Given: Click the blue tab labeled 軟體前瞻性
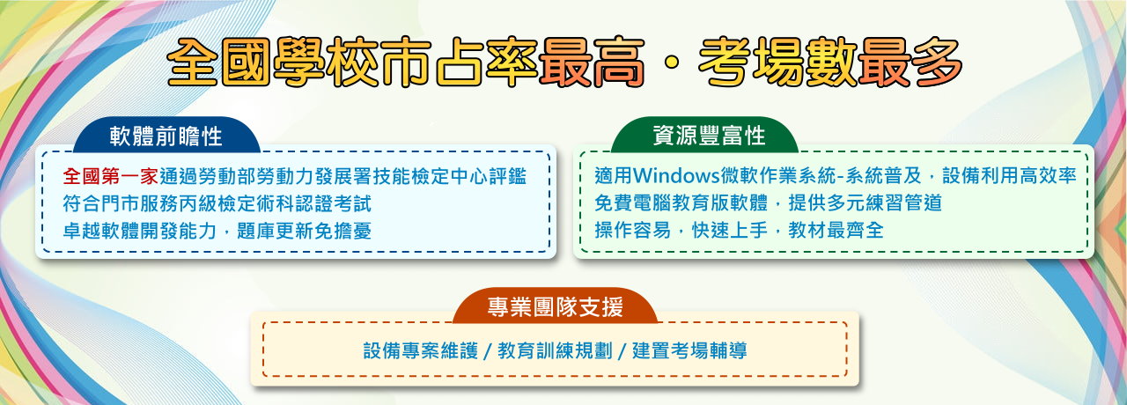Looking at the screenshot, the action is pos(166,136).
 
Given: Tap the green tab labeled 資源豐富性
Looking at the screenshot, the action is pos(705,136).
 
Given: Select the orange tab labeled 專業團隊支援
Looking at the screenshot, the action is pos(555,306).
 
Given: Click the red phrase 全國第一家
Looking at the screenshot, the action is pos(111,177).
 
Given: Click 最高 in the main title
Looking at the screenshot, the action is pos(593,63).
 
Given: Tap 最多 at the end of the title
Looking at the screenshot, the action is pos(910,63).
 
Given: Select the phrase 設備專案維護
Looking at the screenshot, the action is pos(421,350).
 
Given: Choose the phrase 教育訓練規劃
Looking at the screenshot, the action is pos(555,350).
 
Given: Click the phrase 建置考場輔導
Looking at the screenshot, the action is pos(689,350).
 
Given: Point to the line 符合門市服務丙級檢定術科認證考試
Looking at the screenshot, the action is pos(217,203).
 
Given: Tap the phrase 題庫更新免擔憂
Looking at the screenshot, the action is pos(304,231).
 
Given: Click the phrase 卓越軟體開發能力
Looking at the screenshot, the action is pos(140,231).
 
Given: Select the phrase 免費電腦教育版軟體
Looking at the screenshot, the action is pos(681,202).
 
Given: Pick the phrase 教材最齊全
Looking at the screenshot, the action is pos(836,230).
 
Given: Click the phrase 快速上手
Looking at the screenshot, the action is pos(730,230).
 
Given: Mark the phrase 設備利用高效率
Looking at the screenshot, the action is pos(1009,175).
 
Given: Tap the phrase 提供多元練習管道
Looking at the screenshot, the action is pos(865,202).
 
